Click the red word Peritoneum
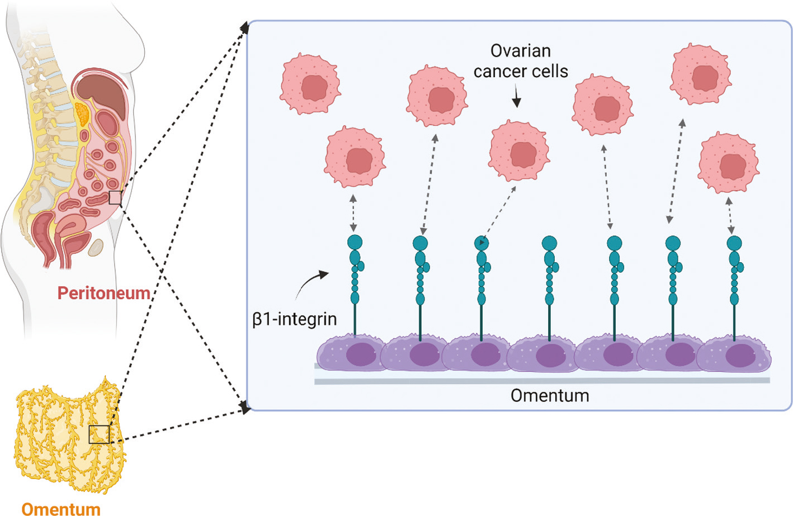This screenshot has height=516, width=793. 103,293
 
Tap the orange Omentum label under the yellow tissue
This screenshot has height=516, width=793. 61,509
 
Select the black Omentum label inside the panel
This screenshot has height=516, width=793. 550,396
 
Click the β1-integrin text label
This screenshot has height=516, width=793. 295,319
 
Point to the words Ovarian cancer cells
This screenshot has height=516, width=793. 521,61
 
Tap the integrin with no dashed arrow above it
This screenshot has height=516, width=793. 549,244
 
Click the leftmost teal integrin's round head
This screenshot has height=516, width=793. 355,243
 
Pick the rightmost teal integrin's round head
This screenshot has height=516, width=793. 734,243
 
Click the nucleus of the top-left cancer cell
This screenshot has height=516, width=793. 315,87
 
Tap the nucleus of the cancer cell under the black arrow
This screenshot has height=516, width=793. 523,154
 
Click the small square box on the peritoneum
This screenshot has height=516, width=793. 115,197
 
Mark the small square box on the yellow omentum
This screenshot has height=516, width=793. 99,434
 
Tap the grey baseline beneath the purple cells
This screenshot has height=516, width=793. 541,381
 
